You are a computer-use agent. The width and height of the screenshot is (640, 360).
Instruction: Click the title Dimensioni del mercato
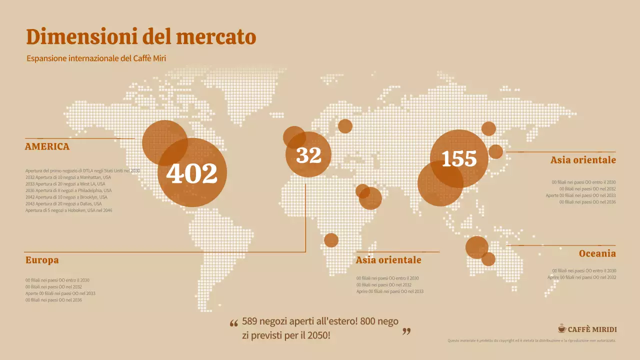tap(141, 37)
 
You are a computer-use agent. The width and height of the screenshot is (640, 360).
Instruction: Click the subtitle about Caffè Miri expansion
tap(96, 58)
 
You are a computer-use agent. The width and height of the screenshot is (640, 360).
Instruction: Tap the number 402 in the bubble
tap(192, 173)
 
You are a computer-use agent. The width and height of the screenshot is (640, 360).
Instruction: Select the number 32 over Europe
tap(308, 155)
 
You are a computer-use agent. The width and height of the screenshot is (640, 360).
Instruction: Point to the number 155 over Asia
tap(459, 158)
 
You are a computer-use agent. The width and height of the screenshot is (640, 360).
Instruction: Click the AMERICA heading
tap(47, 147)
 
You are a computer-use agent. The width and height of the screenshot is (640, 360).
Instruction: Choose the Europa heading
tap(42, 260)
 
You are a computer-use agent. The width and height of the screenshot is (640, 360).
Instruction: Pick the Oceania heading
tap(597, 253)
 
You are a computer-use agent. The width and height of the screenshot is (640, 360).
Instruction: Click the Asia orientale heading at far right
tap(583, 160)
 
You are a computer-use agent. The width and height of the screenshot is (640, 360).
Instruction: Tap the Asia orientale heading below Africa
tap(388, 260)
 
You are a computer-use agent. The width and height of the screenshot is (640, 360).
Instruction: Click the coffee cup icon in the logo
tap(562, 328)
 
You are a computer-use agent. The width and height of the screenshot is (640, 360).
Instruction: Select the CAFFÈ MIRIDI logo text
tap(592, 329)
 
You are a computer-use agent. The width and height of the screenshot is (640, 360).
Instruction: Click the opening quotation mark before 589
tap(233, 323)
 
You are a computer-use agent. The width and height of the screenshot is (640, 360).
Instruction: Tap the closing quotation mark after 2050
tap(406, 331)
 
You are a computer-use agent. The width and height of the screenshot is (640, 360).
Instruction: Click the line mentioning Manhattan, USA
tap(68, 177)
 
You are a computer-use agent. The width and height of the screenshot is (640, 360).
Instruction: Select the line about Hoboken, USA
tap(69, 210)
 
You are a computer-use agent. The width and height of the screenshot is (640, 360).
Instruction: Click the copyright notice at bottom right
tap(531, 340)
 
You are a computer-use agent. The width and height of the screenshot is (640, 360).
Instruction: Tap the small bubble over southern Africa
tap(331, 240)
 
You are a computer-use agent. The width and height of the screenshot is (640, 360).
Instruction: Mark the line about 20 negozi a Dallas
tap(63, 204)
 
